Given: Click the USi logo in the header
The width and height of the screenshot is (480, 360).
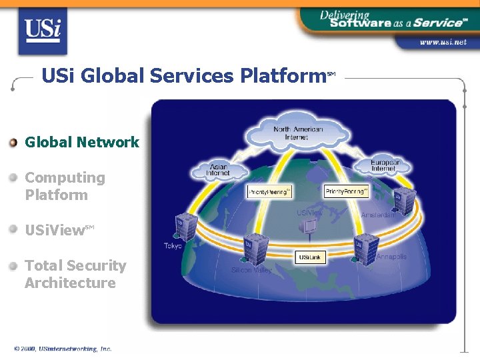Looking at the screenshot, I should (x=43, y=31).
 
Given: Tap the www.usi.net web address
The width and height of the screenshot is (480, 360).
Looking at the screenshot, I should (x=443, y=42).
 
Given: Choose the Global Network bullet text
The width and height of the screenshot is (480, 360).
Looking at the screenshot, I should (x=82, y=142).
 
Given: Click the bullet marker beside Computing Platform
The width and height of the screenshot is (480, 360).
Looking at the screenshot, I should (x=13, y=178).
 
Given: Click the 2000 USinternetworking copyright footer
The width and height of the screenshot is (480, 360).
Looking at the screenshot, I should (x=63, y=349).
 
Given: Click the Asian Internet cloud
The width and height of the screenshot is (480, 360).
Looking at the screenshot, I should (x=218, y=170).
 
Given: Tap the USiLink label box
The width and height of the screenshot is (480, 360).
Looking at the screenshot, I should (x=311, y=257).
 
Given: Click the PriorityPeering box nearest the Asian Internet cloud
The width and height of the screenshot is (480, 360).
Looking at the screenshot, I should (x=269, y=192).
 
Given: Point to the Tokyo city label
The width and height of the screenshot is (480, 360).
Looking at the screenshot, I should (x=173, y=246).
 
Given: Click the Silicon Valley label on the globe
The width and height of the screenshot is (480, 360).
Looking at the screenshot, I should (x=251, y=270).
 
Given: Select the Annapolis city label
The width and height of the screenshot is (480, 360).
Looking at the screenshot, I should (x=391, y=257).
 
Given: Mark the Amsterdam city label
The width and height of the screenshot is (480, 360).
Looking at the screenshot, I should (x=378, y=215).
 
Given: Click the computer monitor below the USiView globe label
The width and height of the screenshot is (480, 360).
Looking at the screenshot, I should (x=309, y=227).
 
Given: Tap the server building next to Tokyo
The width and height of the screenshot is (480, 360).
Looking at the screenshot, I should (x=185, y=228).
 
